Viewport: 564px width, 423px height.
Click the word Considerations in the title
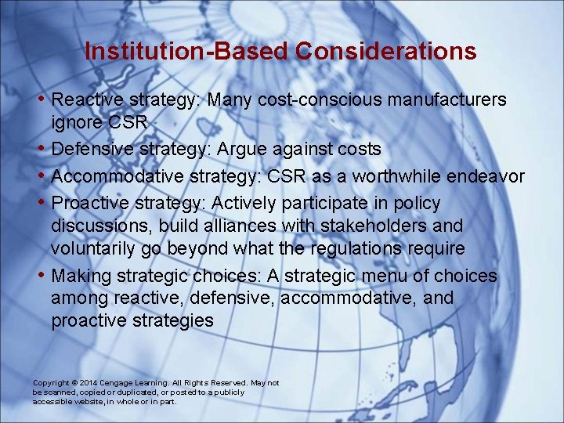[386, 52]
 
